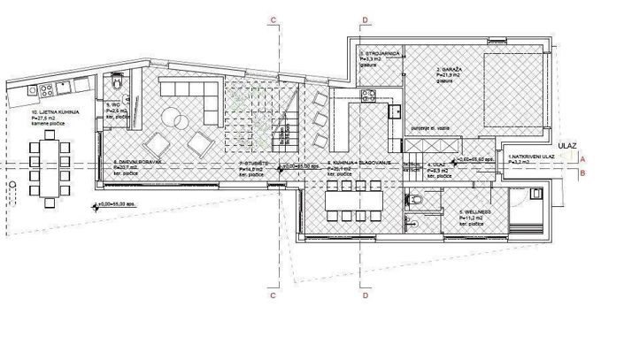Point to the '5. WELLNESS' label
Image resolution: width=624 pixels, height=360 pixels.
click(x=476, y=213)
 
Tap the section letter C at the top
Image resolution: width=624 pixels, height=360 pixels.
click(x=275, y=19)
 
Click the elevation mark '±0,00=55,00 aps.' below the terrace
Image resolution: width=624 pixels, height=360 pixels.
click(x=118, y=206)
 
